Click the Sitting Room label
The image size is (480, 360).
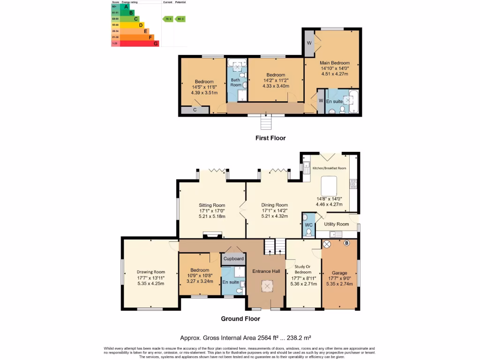click(212, 205)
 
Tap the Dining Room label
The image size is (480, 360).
click(275, 205)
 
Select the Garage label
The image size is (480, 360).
click(339, 272)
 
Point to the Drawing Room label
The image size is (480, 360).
click(151, 272)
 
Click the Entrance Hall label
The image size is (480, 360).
click(266, 271)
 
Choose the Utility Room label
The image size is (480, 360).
click(337, 224)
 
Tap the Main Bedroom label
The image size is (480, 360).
click(335, 63)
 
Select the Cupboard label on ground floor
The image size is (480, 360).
click(233, 259)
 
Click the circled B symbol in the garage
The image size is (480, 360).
click(347, 243)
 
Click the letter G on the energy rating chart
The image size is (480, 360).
click(156, 43)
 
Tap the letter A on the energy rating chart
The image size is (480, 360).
click(126, 7)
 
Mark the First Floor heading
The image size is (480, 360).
click(270, 138)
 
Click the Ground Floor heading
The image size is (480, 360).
click(240, 319)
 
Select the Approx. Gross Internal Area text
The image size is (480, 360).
click(246, 337)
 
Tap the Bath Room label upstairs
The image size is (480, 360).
click(236, 82)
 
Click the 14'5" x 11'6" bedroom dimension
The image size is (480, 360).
click(204, 87)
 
